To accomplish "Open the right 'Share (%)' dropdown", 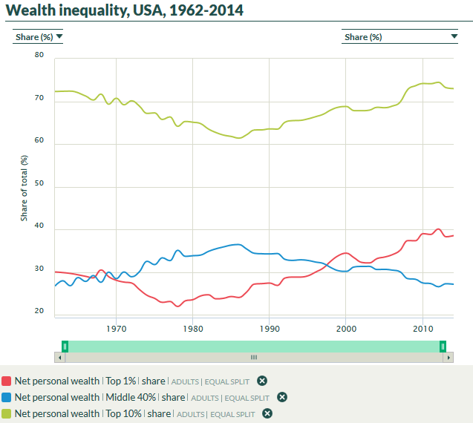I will click(400, 36).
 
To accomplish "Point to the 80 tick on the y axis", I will click(39, 56).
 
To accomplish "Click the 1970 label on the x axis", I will click(116, 327).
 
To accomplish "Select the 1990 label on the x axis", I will click(270, 327).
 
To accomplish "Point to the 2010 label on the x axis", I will click(423, 327).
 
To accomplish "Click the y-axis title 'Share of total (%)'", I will click(24, 187).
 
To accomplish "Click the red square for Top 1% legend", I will click(6, 381).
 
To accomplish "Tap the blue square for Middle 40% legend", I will click(6, 397).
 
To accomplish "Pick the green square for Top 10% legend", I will click(6, 413).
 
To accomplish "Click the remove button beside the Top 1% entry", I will click(261, 381).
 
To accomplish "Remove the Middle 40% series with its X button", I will click(282, 397).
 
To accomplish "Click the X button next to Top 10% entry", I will click(267, 413).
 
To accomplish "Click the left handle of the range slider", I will click(65, 346).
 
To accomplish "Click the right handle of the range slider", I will click(443, 346).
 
